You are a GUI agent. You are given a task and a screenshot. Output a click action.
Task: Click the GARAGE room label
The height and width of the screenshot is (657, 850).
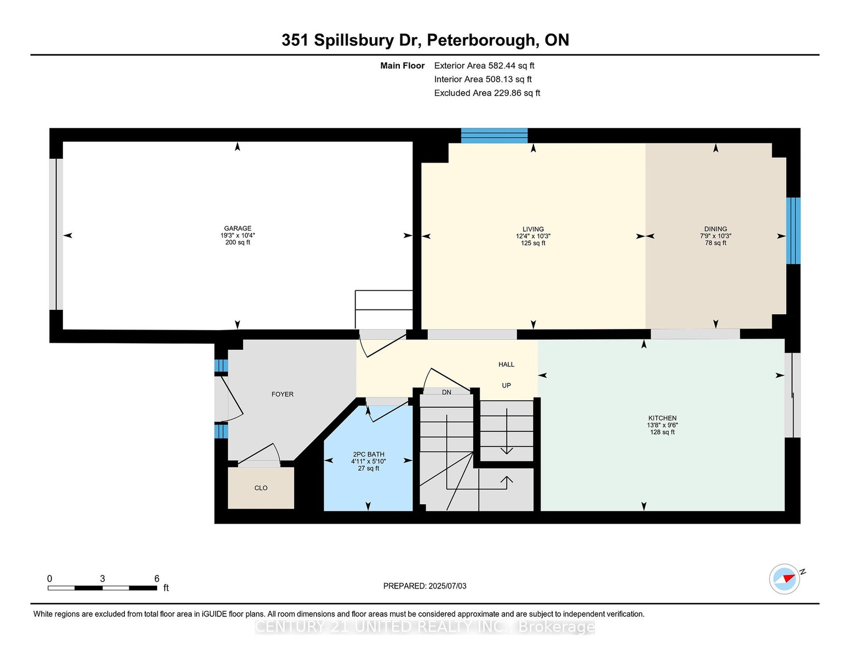[x=238, y=228]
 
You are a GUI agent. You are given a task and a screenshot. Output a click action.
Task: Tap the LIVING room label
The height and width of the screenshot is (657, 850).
[x=533, y=229]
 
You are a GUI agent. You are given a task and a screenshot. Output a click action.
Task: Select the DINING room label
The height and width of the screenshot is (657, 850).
[x=715, y=229]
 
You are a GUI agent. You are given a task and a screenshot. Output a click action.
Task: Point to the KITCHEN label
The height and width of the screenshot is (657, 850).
[x=662, y=418]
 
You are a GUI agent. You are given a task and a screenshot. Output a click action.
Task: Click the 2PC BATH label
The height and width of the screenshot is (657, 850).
[x=369, y=454]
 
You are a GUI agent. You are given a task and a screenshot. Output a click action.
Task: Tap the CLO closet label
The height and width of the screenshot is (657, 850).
[x=261, y=488]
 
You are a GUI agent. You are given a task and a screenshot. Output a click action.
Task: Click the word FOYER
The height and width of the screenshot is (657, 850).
[x=283, y=394]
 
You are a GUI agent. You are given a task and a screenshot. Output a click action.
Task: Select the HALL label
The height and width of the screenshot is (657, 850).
[x=506, y=364]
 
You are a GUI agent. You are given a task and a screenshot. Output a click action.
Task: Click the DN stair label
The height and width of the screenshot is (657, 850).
[x=446, y=392]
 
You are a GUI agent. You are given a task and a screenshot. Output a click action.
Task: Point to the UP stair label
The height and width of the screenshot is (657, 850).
[x=506, y=385]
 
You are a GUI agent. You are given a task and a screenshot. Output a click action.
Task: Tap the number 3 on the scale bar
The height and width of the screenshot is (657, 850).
[x=102, y=579]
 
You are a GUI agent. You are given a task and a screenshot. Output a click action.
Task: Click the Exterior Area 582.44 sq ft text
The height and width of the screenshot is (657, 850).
[x=484, y=66]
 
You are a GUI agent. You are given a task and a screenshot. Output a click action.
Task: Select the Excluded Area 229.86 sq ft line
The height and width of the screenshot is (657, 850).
[x=487, y=93]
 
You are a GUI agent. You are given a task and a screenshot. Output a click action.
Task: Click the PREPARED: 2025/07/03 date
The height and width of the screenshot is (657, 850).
[x=425, y=586]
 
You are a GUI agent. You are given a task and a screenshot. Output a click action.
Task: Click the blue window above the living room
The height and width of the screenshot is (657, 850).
[x=495, y=135]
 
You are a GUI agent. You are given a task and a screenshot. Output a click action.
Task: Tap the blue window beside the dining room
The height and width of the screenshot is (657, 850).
[x=793, y=230]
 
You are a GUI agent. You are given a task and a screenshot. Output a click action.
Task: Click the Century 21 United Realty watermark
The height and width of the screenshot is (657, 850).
[x=425, y=626]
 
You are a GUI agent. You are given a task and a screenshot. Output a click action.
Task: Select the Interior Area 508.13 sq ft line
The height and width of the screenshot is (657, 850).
[x=483, y=79]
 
